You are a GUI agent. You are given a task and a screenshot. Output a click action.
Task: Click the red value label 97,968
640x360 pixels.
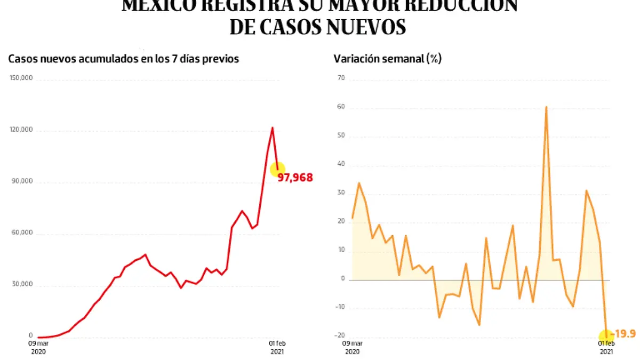(295, 178)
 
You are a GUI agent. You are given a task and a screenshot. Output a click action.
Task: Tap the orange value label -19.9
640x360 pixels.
(624, 334)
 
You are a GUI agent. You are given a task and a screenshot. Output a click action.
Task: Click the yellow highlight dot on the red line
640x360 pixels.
(277, 169)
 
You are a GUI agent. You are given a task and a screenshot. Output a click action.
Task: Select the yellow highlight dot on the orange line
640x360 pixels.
(606, 337)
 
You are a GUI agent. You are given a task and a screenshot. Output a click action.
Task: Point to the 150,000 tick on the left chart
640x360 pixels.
(21, 78)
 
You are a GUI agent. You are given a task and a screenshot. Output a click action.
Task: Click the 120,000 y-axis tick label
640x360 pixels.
(21, 130)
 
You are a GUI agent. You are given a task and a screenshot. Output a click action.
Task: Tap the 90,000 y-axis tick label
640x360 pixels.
(22, 182)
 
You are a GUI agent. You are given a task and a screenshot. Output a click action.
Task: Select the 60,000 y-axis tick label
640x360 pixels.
(22, 234)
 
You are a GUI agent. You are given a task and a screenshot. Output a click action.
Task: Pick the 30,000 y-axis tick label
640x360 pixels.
(22, 285)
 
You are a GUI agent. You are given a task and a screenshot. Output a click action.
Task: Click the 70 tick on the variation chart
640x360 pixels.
(341, 78)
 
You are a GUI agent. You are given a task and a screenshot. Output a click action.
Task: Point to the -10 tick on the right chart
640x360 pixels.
(340, 307)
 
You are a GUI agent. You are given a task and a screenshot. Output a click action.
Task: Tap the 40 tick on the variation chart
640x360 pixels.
(341, 165)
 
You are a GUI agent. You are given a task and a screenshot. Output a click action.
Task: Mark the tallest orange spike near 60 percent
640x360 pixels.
(546, 107)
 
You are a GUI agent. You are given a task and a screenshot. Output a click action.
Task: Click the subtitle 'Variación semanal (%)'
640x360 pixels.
(387, 59)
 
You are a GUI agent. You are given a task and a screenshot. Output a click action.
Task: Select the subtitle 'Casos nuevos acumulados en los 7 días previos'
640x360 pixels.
(124, 59)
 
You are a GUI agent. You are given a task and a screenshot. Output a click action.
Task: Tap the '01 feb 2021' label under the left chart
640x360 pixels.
(276, 347)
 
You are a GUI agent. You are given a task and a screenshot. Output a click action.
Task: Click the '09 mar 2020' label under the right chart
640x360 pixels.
(353, 347)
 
